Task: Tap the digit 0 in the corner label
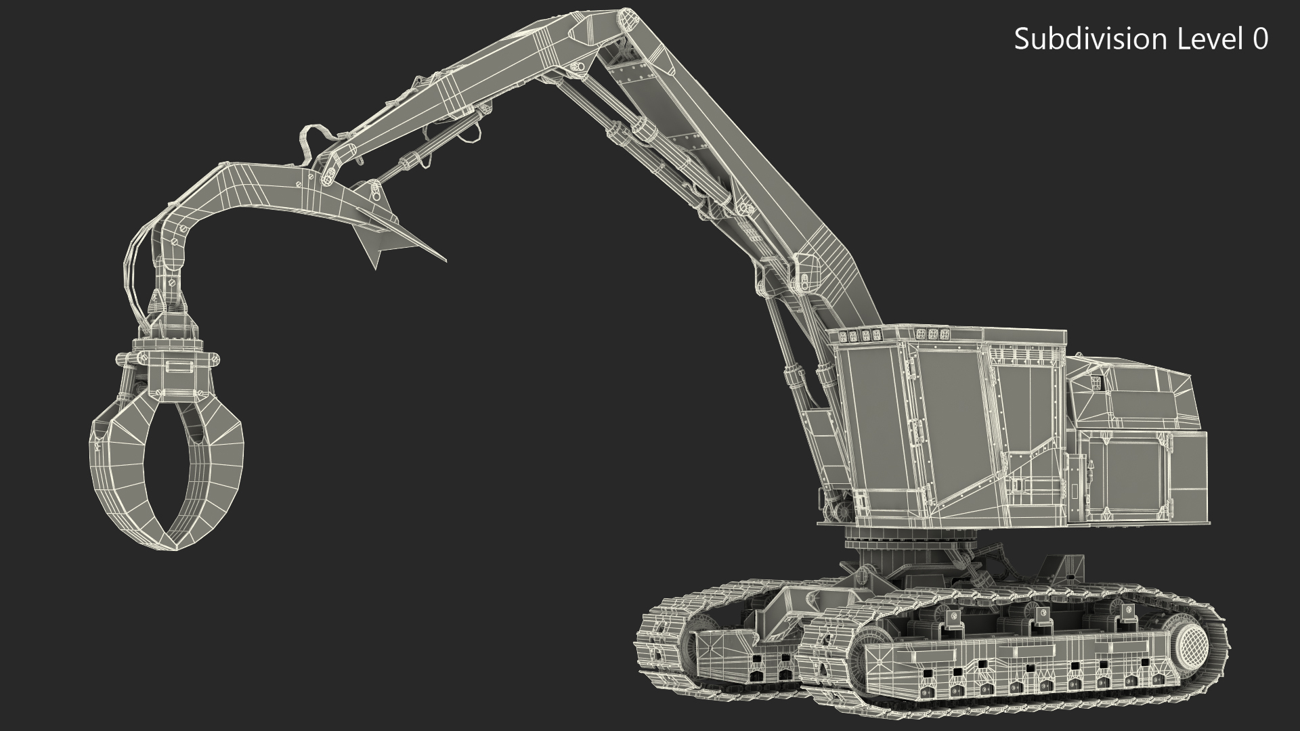[x=1261, y=39]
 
